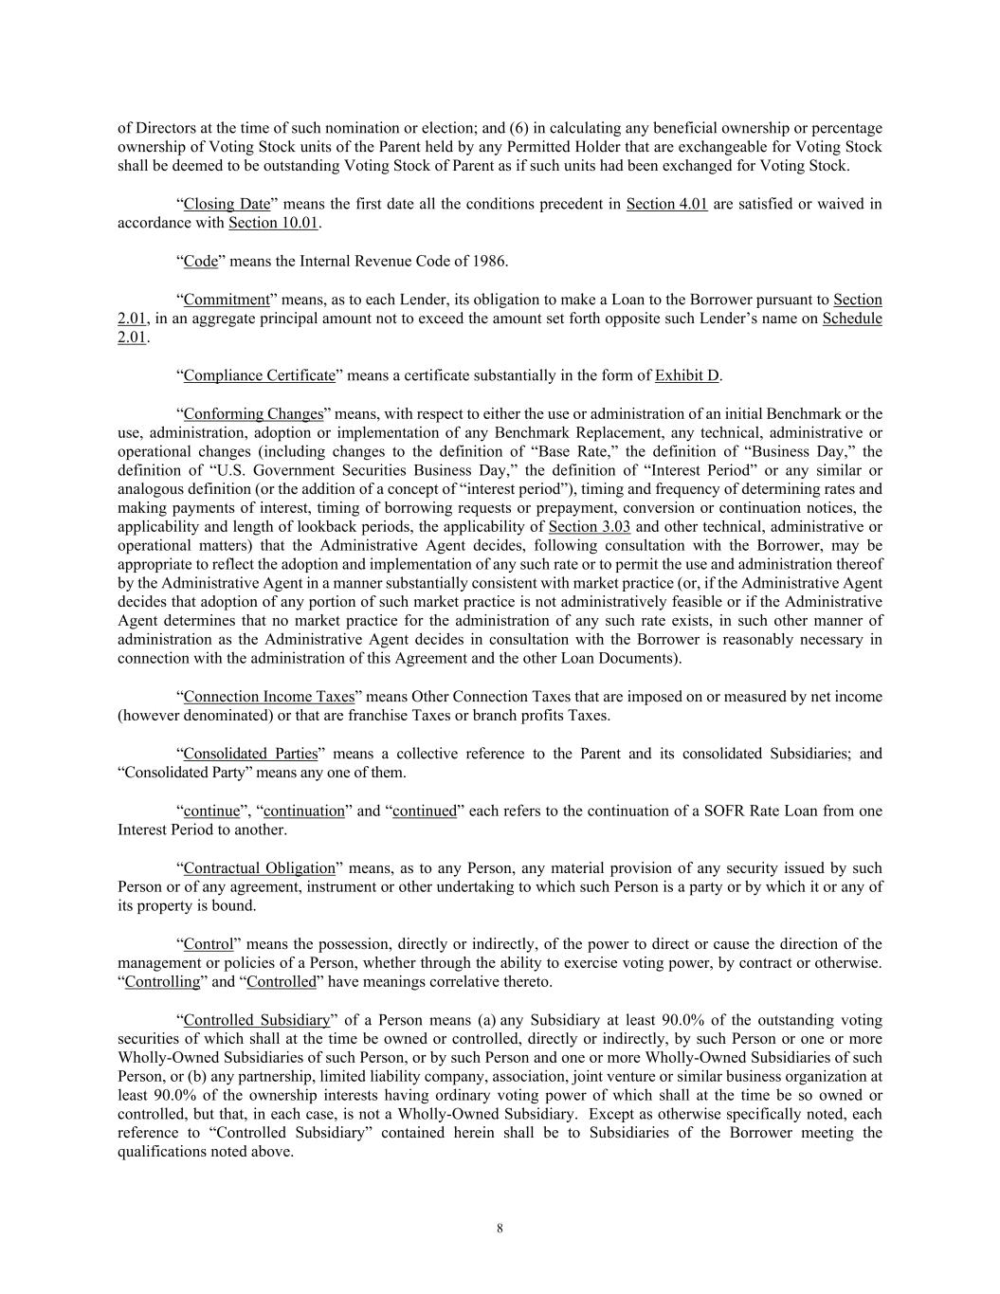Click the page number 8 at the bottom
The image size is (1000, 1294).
coord(500,1229)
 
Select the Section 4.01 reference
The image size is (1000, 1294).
coord(666,204)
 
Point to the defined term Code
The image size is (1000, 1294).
coord(200,261)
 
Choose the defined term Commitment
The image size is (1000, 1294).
coord(227,300)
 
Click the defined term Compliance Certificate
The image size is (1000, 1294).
coord(259,375)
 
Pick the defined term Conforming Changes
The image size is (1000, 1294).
coord(253,413)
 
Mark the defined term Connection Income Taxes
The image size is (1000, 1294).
coord(268,697)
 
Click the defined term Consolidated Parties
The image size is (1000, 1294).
coord(250,754)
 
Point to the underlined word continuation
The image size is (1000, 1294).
coord(303,811)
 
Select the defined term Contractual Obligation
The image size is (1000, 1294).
coord(259,867)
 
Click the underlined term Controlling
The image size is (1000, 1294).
coord(162,981)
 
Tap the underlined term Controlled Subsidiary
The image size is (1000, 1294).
coord(256,1020)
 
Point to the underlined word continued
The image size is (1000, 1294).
coord(425,811)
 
